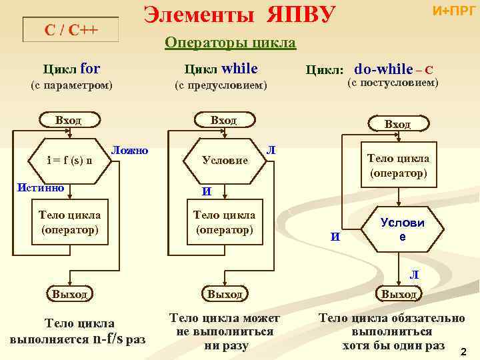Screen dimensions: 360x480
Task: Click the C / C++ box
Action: click(70, 31)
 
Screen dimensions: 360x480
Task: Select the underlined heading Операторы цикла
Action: click(230, 43)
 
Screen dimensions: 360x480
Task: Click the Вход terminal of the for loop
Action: click(68, 121)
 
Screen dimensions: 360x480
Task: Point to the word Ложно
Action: click(129, 151)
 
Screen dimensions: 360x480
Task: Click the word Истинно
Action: click(40, 187)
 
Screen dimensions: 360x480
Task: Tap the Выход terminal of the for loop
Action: click(69, 293)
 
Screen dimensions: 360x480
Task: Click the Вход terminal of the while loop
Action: click(223, 121)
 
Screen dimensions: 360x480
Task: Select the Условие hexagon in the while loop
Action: click(225, 161)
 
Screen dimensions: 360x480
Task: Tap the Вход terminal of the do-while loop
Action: click(397, 125)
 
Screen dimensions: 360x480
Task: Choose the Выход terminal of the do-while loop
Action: click(398, 294)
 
